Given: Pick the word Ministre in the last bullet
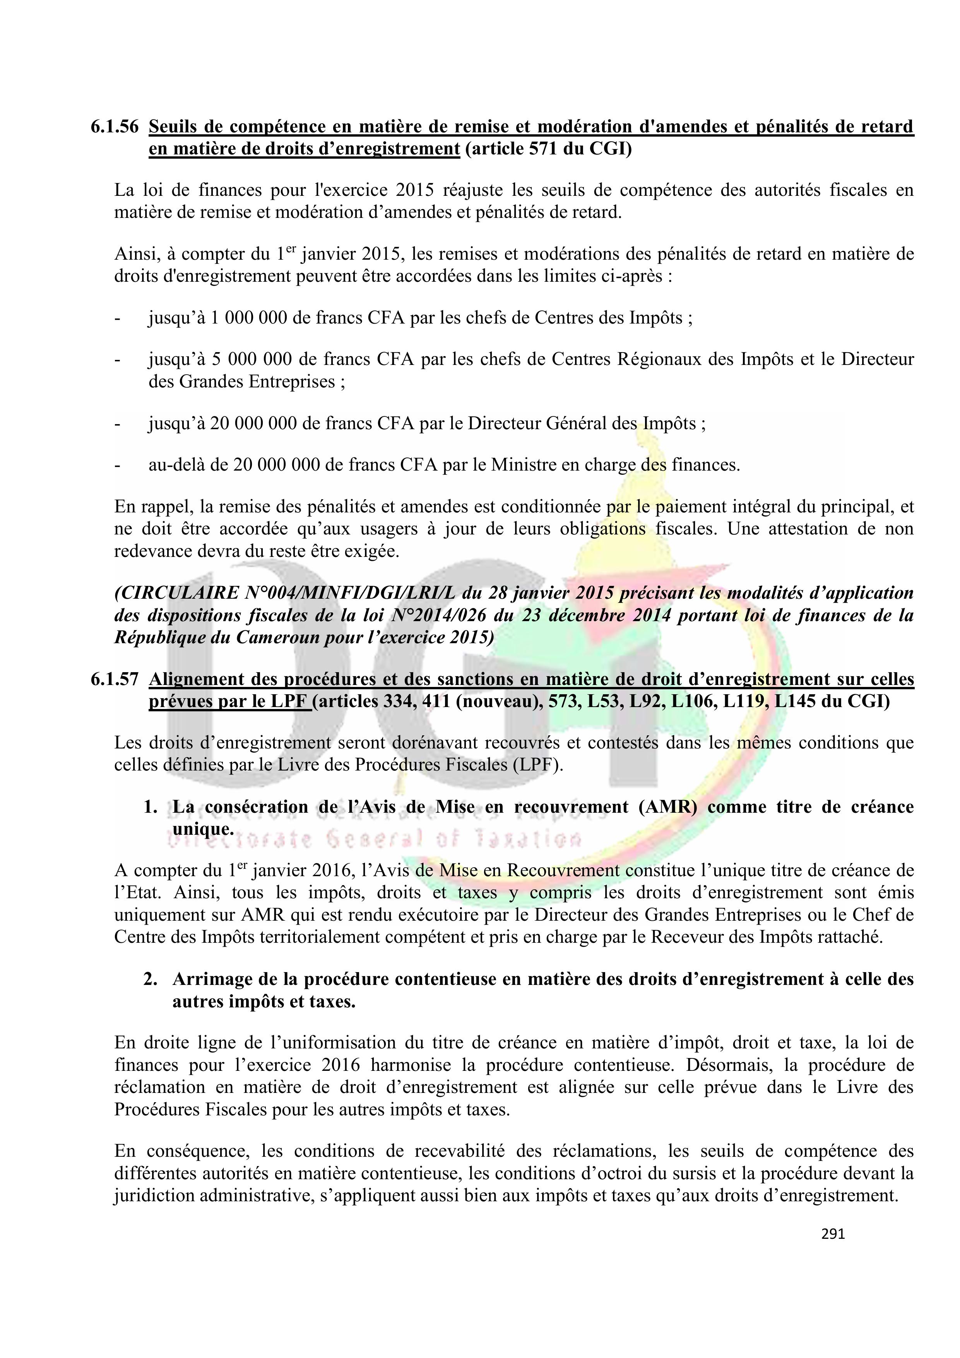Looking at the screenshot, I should (525, 465).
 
